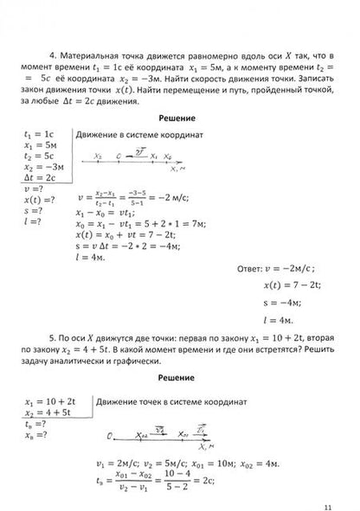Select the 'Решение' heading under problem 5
click(180, 378)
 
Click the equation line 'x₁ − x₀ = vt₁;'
click(108, 211)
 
